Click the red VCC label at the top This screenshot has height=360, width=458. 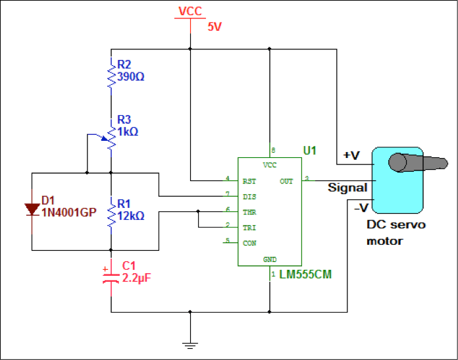pos(190,11)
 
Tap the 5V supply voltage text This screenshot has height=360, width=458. pos(215,28)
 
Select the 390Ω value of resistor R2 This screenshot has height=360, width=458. pos(131,76)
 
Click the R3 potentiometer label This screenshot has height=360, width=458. pos(124,119)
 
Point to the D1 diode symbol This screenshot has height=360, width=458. pos(32,209)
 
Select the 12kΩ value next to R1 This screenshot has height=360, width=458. pos(130,215)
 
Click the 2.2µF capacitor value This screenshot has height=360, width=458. pos(137,278)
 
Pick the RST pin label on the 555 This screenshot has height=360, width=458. pos(249,180)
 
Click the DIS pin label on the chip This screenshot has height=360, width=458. pos(249,196)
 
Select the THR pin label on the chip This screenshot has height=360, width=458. pos(249,212)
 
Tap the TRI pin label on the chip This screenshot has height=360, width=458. pos(249,227)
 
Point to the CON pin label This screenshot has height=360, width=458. pos(249,243)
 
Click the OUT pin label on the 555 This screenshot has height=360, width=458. pos(286,180)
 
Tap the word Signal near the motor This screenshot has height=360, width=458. pos(347,188)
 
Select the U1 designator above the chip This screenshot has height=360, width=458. pos(309,151)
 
